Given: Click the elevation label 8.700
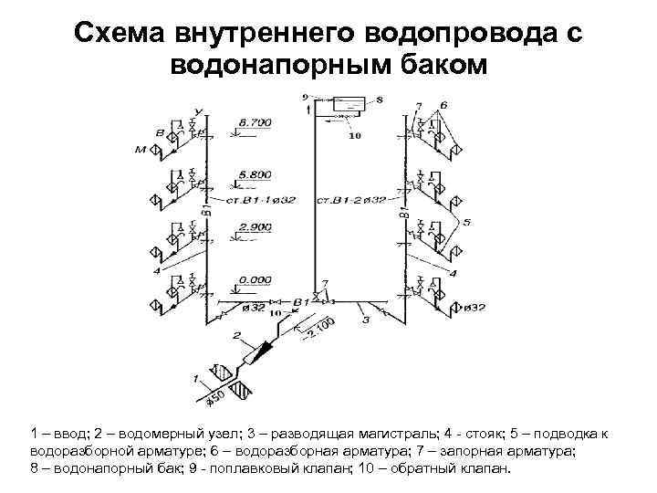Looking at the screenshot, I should (254, 122).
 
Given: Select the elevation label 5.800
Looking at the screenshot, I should (254, 173).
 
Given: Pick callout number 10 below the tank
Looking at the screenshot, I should (355, 137).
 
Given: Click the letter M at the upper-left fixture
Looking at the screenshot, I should (141, 150).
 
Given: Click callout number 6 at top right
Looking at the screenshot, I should (443, 105).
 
